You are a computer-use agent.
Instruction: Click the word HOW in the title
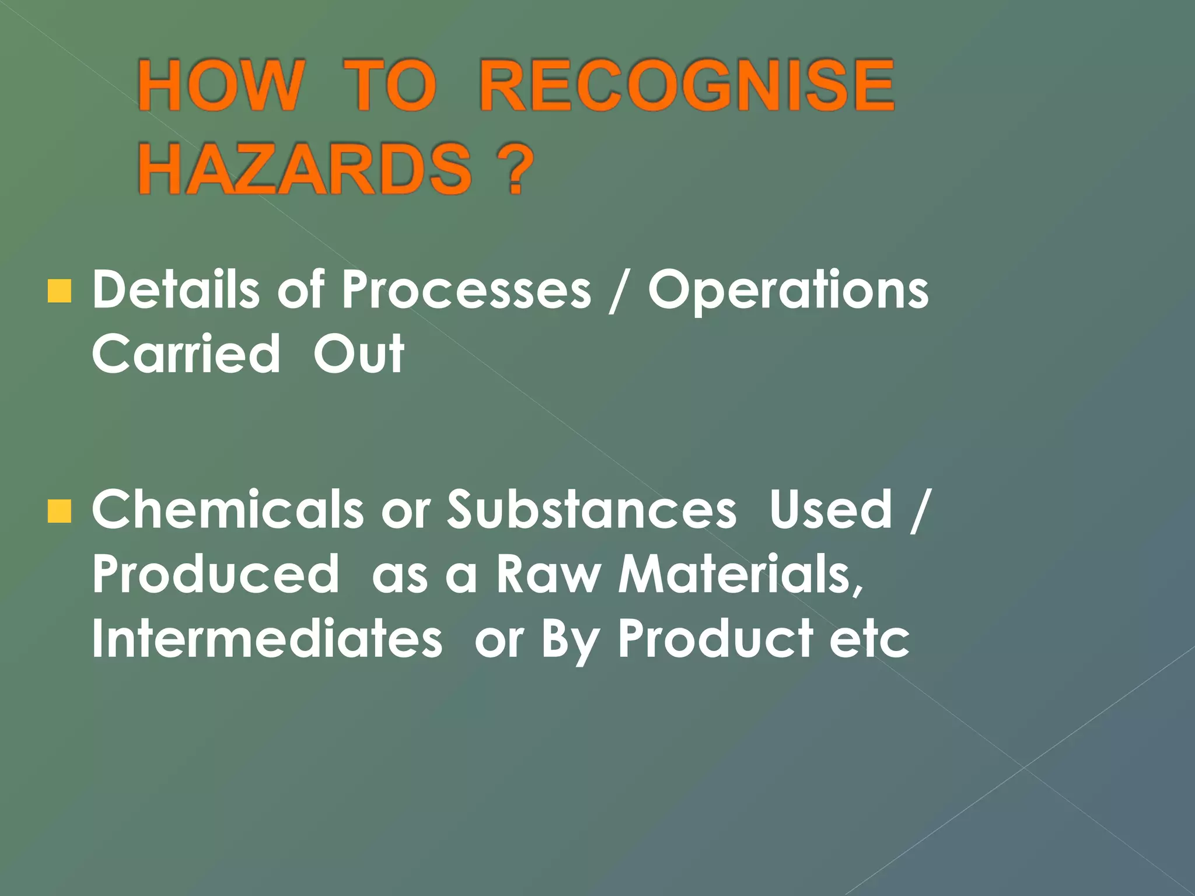(221, 86)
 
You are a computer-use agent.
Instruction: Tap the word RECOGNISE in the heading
(686, 86)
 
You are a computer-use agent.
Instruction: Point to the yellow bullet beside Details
(59, 291)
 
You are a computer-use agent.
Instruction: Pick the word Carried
(186, 354)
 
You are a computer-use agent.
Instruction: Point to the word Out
(358, 354)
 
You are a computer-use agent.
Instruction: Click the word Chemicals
(228, 510)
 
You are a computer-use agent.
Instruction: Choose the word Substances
(592, 510)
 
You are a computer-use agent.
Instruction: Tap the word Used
(831, 510)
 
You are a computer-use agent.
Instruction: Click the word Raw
(548, 574)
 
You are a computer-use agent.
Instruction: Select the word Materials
(740, 574)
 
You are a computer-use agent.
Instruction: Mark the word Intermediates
(267, 639)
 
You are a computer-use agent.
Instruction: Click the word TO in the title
(389, 86)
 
